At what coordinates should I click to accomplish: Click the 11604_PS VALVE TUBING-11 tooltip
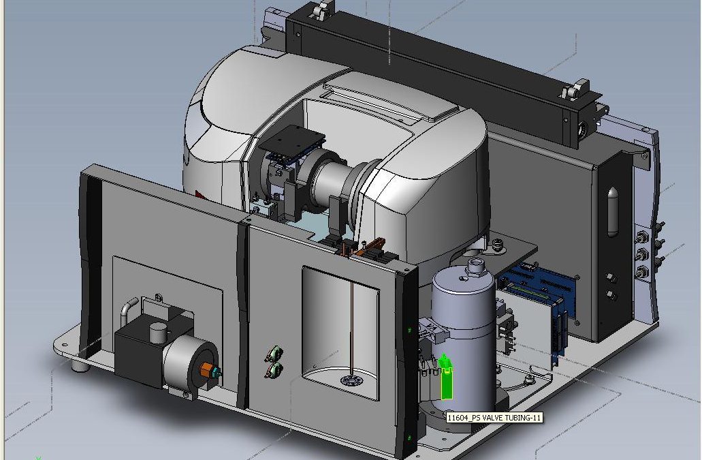click(494, 418)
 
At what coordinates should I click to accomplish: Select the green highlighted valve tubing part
click(447, 377)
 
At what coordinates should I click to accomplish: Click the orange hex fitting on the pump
click(206, 371)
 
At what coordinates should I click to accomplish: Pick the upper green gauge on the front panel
click(274, 354)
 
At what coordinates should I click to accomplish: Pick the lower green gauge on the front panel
click(274, 370)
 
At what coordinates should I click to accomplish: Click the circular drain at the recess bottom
click(351, 381)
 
